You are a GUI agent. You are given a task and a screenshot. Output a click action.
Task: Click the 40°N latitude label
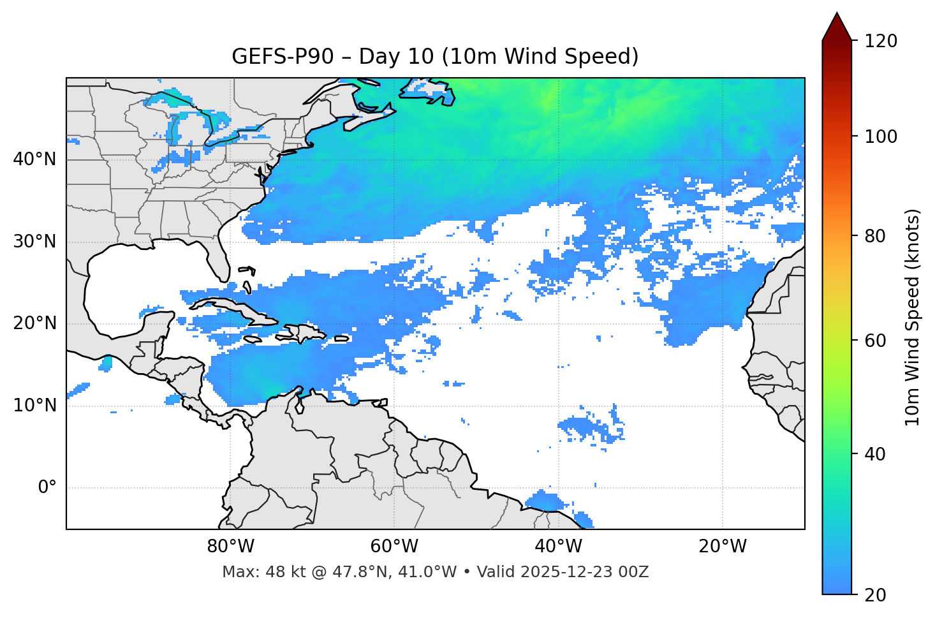34,159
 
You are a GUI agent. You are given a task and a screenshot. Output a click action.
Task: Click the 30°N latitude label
34,242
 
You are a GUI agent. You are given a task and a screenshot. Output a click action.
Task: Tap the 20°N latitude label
34,323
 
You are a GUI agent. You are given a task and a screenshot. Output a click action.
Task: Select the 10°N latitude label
34,406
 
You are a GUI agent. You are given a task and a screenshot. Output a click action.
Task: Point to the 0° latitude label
47,488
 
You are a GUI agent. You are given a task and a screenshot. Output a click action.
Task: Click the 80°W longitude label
230,547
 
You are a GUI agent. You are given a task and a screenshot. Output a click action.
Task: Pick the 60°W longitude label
394,547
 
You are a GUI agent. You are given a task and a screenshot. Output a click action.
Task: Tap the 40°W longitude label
558,547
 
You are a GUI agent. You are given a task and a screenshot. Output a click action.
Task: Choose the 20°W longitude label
722,547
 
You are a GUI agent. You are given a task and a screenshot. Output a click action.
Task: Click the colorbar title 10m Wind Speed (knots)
913,317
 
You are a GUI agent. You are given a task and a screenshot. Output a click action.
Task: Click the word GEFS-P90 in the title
283,57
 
